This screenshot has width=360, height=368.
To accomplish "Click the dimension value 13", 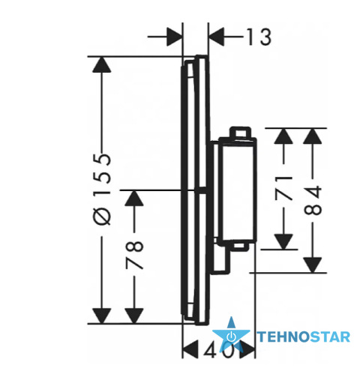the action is pos(259,37).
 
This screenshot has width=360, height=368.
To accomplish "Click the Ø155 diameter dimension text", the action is pos(102,189).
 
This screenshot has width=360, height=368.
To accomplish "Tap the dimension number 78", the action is pos(134,255).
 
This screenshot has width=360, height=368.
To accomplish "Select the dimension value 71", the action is pos(283,188).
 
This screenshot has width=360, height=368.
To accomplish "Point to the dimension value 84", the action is pos(313,200).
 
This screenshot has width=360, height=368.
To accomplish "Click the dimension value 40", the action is pos(219,349).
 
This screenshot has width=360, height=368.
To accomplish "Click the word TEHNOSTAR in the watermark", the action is pos(304,337).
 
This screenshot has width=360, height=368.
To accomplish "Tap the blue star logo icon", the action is pos(231,334).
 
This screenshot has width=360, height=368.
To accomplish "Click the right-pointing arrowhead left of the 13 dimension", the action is pos(174,37).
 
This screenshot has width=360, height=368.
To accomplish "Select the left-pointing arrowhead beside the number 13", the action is pos(216,37).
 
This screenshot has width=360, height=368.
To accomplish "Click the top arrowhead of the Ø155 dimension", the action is pos(102,64).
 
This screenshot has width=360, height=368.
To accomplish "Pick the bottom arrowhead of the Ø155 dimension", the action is pos(102,316).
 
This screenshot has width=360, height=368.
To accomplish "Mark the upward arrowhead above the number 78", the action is pos(134,199).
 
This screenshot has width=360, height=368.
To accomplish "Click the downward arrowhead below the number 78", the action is pos(134,316).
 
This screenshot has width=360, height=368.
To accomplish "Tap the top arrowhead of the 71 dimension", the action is pos(283,136).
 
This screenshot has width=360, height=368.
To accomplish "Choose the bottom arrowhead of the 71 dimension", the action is pos(283,241).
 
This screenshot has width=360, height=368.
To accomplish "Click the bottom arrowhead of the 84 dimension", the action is pos(313,265).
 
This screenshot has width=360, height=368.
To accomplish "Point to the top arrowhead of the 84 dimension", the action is pos(313,136).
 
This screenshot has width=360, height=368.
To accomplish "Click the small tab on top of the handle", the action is pos(241,132).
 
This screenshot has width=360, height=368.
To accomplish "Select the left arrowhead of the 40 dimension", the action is pos(191,349).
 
